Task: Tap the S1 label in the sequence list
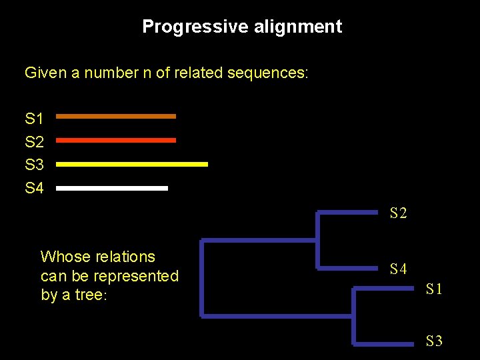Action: coord(34,119)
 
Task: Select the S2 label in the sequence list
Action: coord(34,142)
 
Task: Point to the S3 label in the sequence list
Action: coord(34,165)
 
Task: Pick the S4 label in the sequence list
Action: coord(34,188)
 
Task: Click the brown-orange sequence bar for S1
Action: coord(116,116)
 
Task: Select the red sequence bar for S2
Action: coord(116,140)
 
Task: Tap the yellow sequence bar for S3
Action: coord(132,163)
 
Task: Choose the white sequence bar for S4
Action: coord(112,188)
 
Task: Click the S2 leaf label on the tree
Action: coord(398,213)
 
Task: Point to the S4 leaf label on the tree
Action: coord(398,269)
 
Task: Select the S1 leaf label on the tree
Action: coord(434,289)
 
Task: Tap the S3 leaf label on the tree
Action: coord(434,341)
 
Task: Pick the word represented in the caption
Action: coord(137,276)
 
